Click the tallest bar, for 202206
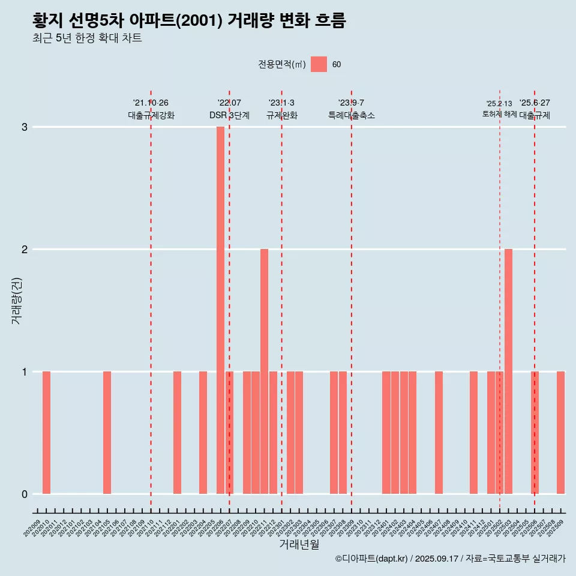tap(220, 310)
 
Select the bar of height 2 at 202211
tap(264, 371)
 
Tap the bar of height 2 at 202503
tap(508, 371)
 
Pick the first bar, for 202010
tap(46, 433)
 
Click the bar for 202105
tap(107, 433)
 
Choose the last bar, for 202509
tap(560, 433)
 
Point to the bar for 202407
tap(439, 433)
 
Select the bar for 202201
tap(177, 433)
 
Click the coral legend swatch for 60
tap(319, 64)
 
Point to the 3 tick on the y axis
tap(25, 127)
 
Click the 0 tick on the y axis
tap(25, 494)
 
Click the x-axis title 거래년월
tap(299, 544)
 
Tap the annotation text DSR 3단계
tap(229, 115)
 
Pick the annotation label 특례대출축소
tap(351, 115)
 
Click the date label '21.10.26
tap(151, 103)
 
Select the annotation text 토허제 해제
tap(499, 113)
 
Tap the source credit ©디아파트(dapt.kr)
tap(372, 559)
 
